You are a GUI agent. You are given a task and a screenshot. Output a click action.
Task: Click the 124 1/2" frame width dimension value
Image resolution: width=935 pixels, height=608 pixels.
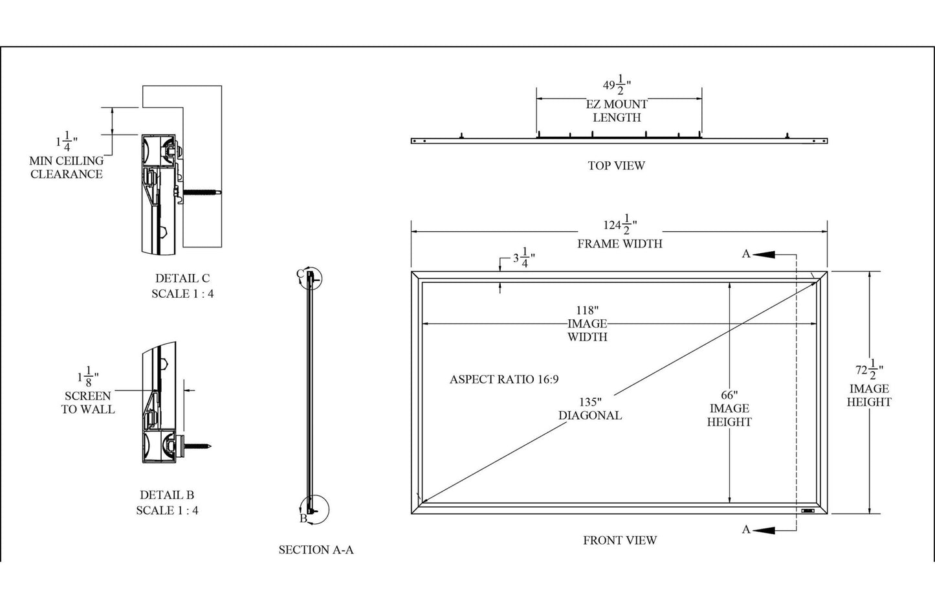[x=620, y=226]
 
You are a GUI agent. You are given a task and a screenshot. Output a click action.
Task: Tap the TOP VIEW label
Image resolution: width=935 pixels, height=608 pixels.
[x=616, y=166]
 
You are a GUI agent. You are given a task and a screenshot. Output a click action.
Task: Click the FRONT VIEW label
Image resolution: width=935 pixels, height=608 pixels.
[x=619, y=540]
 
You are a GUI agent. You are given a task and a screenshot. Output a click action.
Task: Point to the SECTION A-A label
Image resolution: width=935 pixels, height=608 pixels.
[x=316, y=550]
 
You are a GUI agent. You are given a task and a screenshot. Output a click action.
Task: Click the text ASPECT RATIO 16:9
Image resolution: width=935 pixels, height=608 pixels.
[x=503, y=379]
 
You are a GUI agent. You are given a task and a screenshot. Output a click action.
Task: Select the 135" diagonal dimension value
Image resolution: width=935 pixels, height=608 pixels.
[x=590, y=401]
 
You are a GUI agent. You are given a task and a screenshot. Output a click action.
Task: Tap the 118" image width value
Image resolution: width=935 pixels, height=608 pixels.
[x=588, y=310]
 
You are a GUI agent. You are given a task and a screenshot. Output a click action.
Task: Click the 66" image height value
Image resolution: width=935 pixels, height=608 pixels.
[x=729, y=395]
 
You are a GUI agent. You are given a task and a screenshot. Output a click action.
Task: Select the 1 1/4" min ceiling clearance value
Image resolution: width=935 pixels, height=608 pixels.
[x=66, y=139]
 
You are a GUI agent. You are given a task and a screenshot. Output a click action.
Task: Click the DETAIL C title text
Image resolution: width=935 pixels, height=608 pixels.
[x=182, y=278]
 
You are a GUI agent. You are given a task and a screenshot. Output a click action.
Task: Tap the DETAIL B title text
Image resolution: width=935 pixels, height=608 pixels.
[x=167, y=495]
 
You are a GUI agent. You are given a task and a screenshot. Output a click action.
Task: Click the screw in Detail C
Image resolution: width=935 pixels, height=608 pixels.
[x=202, y=192]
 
